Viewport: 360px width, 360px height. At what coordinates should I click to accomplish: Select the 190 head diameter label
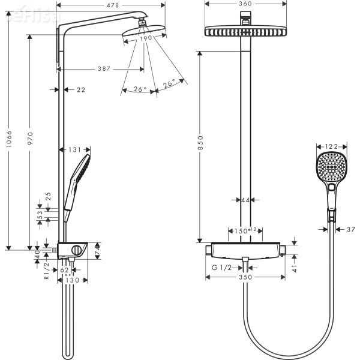point(145,37)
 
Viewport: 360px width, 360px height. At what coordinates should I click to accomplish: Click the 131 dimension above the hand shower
point(74,150)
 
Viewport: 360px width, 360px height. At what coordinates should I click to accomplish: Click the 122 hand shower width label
point(328,146)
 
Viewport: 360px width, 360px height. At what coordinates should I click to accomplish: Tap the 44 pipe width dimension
point(245,200)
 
